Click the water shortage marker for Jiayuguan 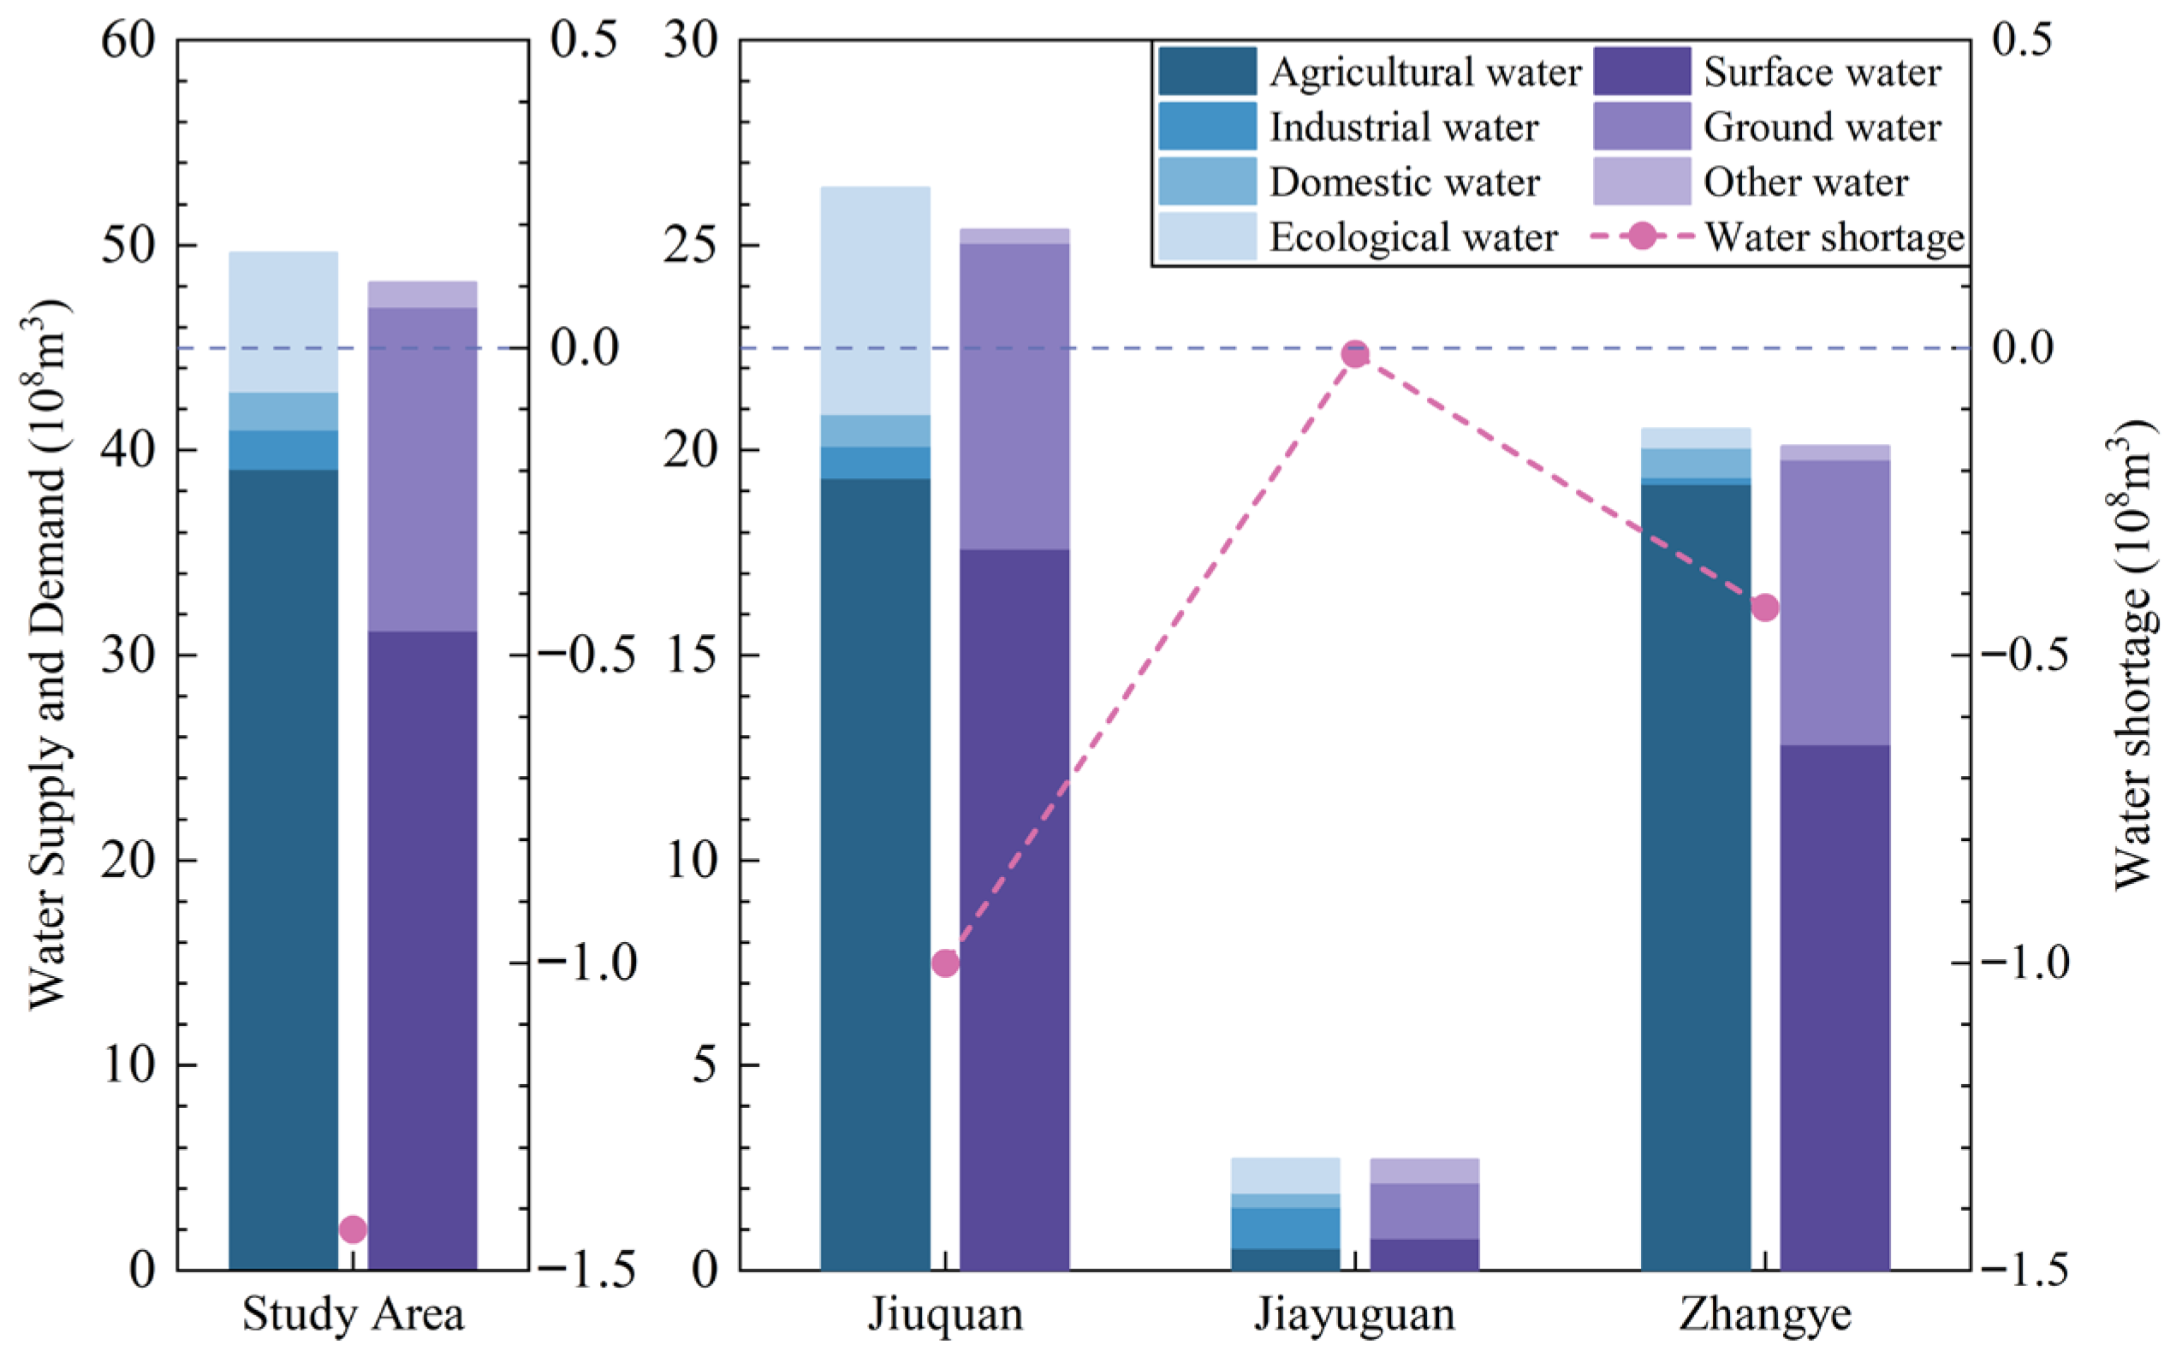click(1354, 354)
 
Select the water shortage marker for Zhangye click(1765, 607)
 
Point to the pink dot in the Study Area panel click(353, 1229)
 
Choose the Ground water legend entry click(1822, 127)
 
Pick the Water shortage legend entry click(1834, 237)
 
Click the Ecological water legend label click(1413, 237)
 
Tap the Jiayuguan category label click(1354, 1314)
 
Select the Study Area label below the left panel click(353, 1314)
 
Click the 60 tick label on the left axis click(128, 41)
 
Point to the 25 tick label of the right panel click(691, 246)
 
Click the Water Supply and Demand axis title click(47, 655)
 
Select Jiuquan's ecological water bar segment click(875, 300)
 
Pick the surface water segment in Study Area click(422, 950)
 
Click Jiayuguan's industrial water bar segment click(1285, 1227)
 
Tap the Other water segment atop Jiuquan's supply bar click(1014, 236)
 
